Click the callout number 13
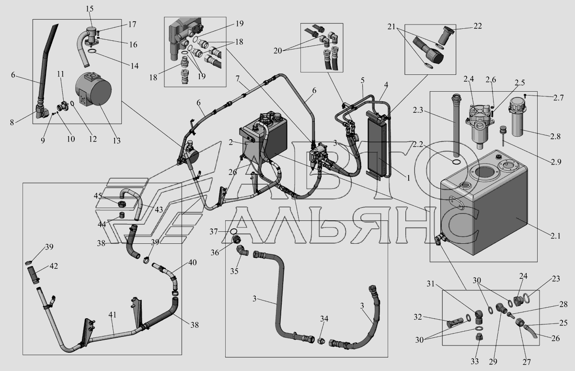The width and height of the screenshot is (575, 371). click(x=116, y=141)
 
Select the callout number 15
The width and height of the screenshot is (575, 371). click(x=90, y=9)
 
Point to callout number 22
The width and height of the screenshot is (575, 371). click(x=477, y=26)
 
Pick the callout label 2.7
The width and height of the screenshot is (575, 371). click(x=558, y=98)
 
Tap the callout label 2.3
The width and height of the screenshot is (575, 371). click(x=418, y=110)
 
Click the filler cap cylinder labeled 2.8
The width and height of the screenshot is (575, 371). click(x=517, y=120)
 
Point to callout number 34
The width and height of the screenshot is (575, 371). click(x=324, y=319)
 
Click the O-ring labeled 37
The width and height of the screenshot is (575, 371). click(x=234, y=231)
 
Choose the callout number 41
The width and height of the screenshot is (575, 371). click(x=113, y=315)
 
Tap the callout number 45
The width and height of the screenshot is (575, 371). click(x=98, y=196)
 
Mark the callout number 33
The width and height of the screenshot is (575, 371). click(x=475, y=361)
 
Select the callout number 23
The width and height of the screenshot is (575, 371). click(x=556, y=279)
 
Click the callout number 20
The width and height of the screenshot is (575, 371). click(x=278, y=51)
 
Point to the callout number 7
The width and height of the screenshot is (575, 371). click(x=238, y=79)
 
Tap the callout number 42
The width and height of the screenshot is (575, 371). click(x=53, y=266)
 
